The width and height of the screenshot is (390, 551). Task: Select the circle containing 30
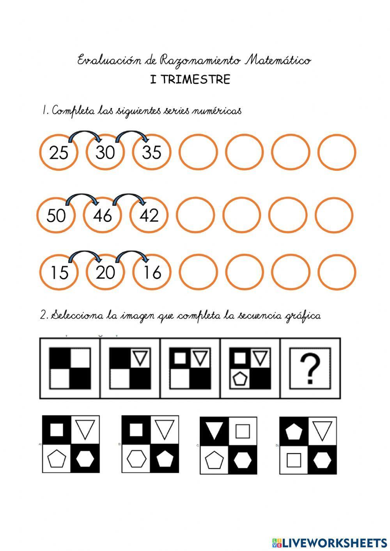click(x=105, y=152)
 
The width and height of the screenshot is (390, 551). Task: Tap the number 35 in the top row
click(x=151, y=152)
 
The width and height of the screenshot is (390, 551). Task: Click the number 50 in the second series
click(x=56, y=216)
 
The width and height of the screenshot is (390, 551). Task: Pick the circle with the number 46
click(x=102, y=215)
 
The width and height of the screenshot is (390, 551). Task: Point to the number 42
click(x=149, y=215)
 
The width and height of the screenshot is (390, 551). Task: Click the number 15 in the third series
click(x=59, y=273)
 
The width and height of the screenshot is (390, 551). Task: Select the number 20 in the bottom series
click(x=105, y=273)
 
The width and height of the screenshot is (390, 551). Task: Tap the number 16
click(x=151, y=273)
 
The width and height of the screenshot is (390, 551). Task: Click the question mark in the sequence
click(x=310, y=369)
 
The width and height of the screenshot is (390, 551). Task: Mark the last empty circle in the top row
click(x=337, y=152)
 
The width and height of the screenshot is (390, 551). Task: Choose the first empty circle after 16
click(x=198, y=273)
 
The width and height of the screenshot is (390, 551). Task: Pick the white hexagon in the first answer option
click(x=85, y=459)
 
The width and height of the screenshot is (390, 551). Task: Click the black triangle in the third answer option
click(x=214, y=431)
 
